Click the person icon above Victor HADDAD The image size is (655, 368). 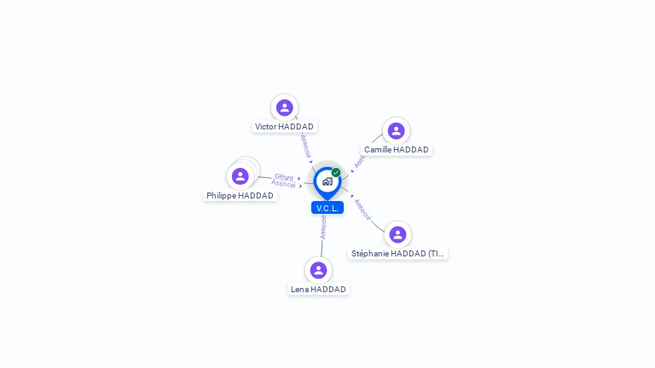click(285, 107)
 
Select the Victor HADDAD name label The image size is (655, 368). click(285, 127)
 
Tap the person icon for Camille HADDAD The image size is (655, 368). click(396, 130)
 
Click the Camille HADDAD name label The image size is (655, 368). click(397, 150)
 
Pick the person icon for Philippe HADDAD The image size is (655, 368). click(241, 176)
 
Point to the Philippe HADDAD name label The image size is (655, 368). click(241, 196)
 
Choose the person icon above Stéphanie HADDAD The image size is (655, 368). click(397, 234)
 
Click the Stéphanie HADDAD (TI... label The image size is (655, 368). click(398, 254)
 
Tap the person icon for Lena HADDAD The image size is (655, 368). click(319, 270)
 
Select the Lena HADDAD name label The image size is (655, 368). click(319, 290)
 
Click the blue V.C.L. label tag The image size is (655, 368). click(327, 208)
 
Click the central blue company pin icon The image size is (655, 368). click(327, 181)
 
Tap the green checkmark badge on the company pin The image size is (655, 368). click(336, 173)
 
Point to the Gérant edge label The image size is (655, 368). click(284, 177)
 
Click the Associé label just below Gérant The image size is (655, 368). click(284, 184)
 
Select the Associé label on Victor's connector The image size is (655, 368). click(306, 144)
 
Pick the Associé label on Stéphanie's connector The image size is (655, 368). click(362, 210)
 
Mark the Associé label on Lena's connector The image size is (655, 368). click(323, 227)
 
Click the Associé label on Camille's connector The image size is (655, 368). click(360, 159)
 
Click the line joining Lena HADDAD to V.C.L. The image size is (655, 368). click(322, 248)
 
